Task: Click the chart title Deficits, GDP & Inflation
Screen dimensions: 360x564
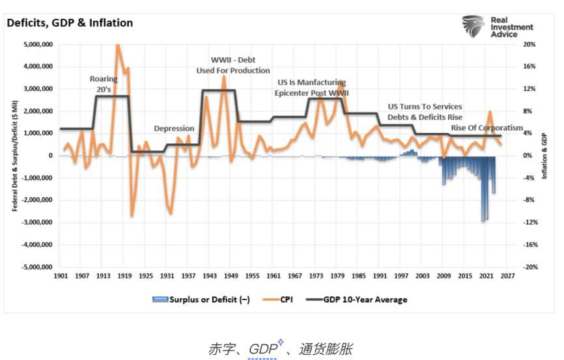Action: (x=70, y=23)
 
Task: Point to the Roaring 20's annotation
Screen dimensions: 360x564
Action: (x=104, y=84)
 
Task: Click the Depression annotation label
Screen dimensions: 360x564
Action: (x=174, y=128)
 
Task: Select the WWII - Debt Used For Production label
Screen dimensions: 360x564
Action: (x=233, y=65)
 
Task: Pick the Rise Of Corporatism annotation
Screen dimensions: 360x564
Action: (x=487, y=128)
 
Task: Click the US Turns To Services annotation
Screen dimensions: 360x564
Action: (x=425, y=107)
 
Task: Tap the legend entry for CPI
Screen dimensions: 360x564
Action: (x=281, y=299)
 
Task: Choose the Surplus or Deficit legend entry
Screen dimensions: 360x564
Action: (x=203, y=299)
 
